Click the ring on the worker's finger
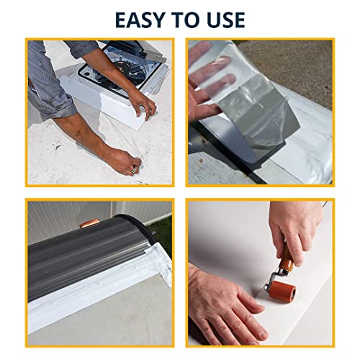[x=134, y=169]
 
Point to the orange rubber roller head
[x=284, y=292]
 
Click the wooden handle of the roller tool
[x=286, y=257]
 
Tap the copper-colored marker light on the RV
[x=89, y=224]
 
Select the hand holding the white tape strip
[x=142, y=103]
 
